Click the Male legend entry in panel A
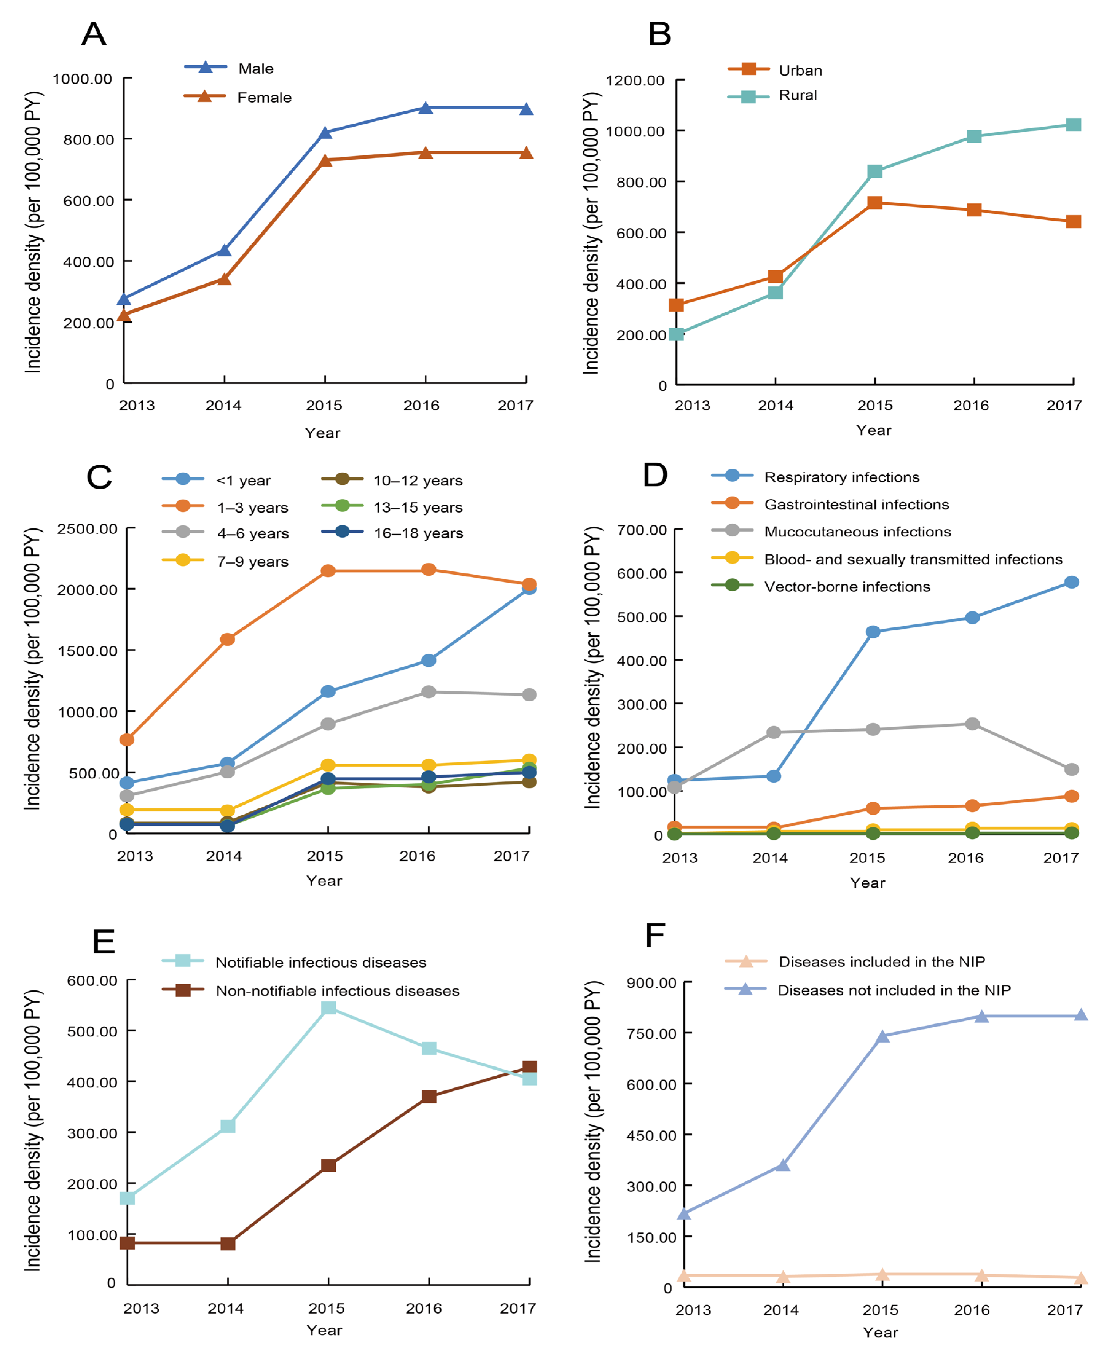click(x=255, y=68)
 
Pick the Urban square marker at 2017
click(x=1074, y=222)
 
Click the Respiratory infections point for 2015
click(x=873, y=632)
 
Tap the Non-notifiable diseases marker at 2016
click(x=429, y=1096)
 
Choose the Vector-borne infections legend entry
click(x=847, y=587)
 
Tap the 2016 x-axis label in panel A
click(x=421, y=405)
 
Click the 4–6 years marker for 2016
click(x=428, y=692)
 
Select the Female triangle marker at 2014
click(x=224, y=279)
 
